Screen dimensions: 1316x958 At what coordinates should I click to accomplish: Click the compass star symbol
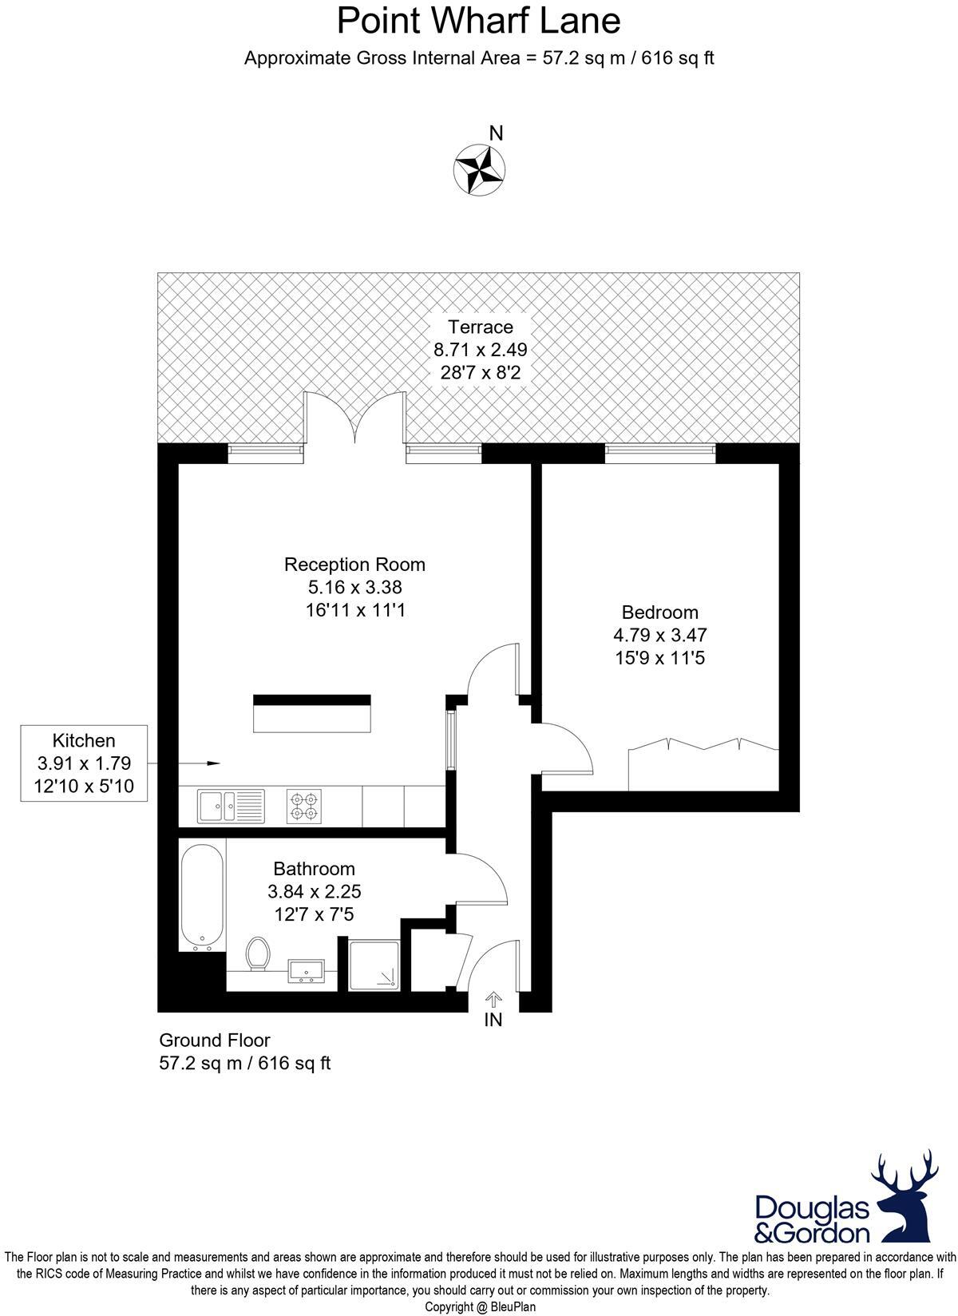pos(479,169)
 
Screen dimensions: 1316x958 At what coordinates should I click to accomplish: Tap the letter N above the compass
pos(496,133)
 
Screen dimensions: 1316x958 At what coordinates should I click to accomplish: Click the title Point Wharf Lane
pos(478,21)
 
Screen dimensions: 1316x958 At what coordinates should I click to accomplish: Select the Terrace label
pos(480,327)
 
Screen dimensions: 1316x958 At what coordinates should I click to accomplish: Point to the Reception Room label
pos(354,565)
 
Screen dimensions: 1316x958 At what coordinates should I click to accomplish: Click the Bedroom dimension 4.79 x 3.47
pos(659,636)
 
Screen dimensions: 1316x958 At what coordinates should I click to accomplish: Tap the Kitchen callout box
pos(84,763)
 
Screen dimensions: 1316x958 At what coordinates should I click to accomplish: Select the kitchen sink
pos(231,806)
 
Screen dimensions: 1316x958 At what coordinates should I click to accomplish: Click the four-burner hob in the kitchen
pos(304,806)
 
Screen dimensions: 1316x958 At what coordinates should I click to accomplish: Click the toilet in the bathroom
pos(257,954)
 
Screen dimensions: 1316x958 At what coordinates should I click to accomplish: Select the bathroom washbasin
pos(306,971)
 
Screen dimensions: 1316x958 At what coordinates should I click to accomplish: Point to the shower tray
pos(374,964)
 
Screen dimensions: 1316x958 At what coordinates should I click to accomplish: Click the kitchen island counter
pos(312,714)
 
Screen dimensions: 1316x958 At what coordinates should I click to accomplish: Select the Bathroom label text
pos(314,869)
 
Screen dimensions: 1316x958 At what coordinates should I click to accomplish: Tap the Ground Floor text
pos(215,1041)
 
